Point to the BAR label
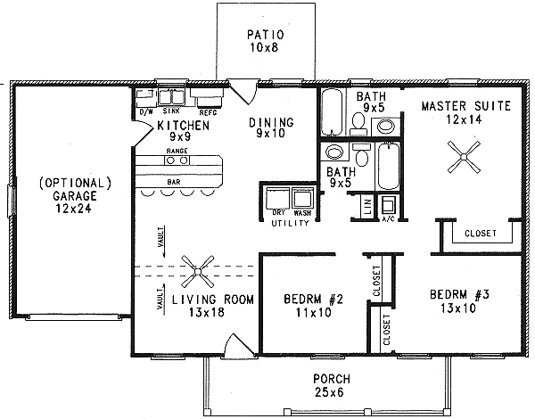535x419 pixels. (x=176, y=182)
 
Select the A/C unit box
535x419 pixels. (x=390, y=207)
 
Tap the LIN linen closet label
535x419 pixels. (x=366, y=207)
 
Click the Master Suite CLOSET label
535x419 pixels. (x=481, y=234)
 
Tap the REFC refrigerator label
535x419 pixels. (x=208, y=112)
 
